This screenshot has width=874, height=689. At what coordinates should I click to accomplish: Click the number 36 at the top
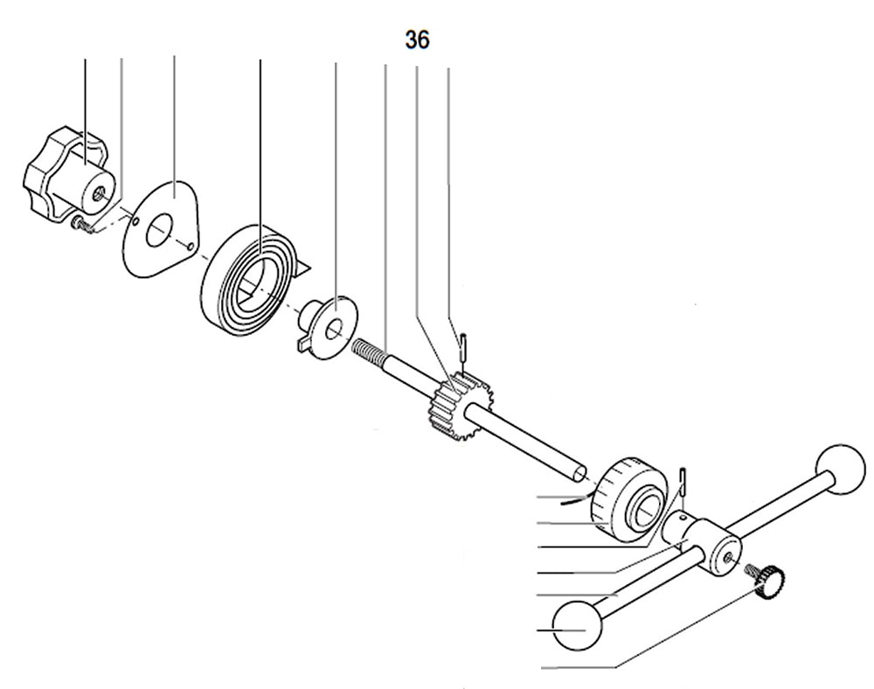coord(417,39)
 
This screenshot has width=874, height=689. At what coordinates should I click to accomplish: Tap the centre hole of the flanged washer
coord(334,330)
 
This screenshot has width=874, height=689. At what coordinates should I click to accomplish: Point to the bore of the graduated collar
coord(649,507)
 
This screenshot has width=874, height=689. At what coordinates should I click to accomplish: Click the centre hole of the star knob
coord(103,190)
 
